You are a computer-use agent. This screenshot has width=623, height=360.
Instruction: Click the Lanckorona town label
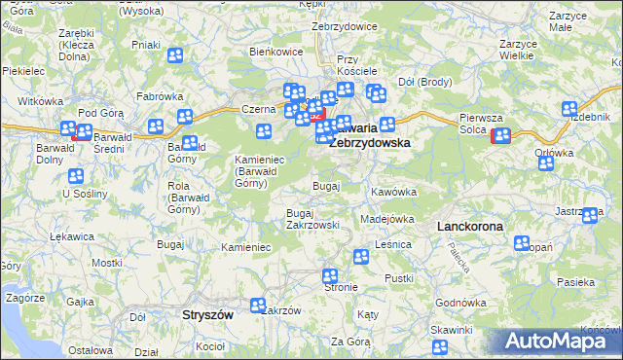point(470,226)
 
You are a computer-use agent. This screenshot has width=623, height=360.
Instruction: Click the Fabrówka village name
point(161,96)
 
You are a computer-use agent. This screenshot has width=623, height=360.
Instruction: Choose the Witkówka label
point(40,101)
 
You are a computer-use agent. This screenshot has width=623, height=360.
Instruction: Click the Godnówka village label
point(460,303)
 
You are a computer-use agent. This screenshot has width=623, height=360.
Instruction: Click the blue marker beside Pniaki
point(175,55)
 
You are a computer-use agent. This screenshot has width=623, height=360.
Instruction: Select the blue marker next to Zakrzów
point(258,306)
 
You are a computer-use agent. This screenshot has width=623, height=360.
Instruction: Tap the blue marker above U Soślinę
point(76,177)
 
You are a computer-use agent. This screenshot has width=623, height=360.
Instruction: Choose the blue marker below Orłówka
point(546,162)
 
